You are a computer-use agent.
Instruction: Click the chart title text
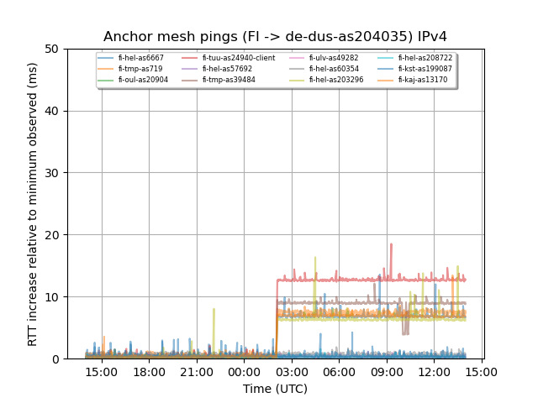275,37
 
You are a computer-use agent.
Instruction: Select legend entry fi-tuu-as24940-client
238,58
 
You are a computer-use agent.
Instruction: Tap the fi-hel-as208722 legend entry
425,58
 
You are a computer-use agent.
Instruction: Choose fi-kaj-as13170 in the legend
423,80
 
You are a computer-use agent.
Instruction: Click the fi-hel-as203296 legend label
335,80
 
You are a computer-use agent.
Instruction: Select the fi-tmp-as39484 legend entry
229,80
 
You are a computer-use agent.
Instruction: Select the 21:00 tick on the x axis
197,372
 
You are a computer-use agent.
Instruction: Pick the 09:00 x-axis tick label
386,372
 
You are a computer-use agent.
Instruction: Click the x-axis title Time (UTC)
275,389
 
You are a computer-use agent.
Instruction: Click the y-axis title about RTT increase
33,204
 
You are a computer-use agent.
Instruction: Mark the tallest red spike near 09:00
391,244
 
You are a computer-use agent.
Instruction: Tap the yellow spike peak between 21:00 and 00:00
214,309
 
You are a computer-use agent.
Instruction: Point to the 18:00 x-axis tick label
150,372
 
